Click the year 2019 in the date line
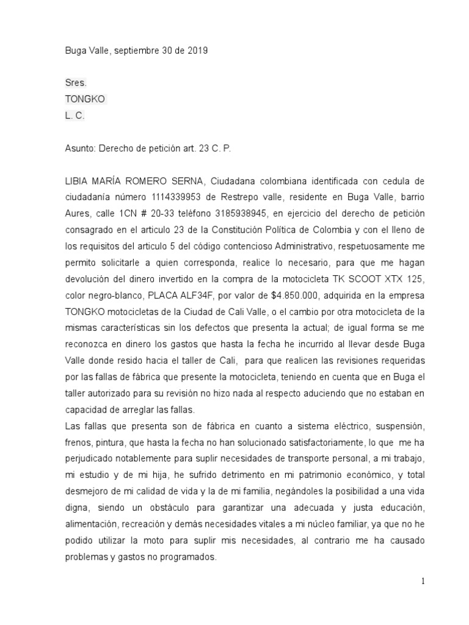[x=197, y=51]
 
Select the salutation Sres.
[x=76, y=82]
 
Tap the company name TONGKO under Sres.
[x=85, y=98]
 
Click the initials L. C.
[x=75, y=115]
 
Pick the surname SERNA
[x=187, y=181]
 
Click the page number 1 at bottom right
[x=423, y=581]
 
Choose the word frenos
[x=79, y=440]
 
